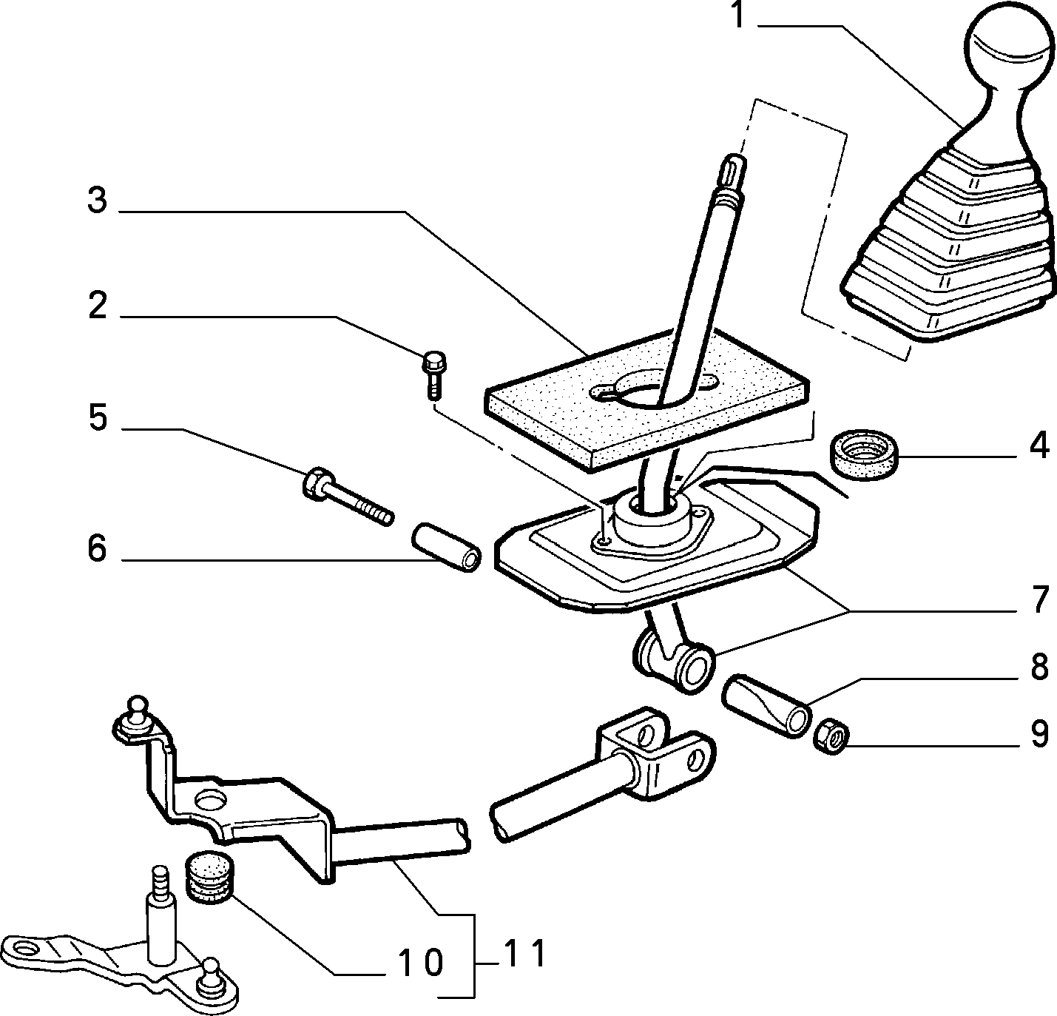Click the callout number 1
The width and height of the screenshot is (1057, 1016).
(x=737, y=15)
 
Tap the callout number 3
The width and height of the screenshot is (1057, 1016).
(x=98, y=201)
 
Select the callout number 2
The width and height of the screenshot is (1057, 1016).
(x=98, y=306)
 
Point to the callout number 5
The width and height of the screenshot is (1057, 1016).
(x=98, y=418)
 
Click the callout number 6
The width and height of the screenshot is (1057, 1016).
(x=98, y=549)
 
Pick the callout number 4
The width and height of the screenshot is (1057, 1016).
(x=1039, y=447)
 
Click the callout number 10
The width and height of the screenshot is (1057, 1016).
(x=421, y=963)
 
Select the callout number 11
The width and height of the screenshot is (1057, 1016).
(x=524, y=954)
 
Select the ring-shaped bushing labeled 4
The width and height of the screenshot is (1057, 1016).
(x=864, y=454)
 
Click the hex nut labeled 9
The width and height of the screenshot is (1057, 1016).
(x=831, y=737)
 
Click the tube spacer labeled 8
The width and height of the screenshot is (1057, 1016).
(x=766, y=704)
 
